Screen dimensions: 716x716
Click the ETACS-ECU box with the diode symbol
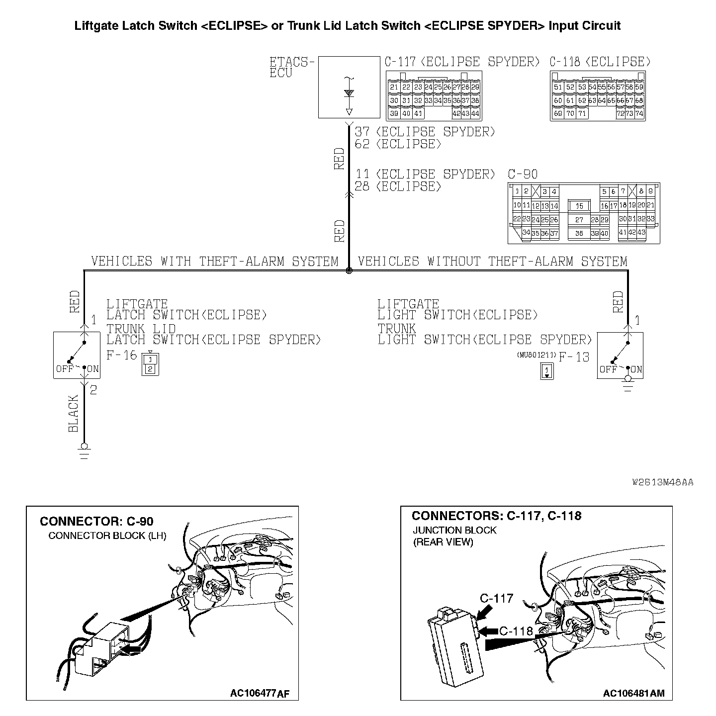coord(349,87)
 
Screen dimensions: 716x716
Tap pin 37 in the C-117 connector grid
coord(465,100)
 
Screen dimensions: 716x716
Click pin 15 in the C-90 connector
coord(579,206)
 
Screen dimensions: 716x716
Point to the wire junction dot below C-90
coord(349,271)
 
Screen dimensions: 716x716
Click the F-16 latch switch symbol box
coord(77,356)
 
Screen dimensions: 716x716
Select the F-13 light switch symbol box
coord(620,356)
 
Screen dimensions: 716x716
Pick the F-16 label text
coord(121,356)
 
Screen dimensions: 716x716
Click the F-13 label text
coord(574,357)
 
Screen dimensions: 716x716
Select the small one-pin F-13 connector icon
coord(547,371)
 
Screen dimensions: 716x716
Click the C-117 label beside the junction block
coord(496,598)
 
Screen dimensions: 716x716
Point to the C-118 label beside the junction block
coord(516,631)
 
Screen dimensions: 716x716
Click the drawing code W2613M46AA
coord(663,482)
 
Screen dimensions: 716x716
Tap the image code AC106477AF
coord(259,693)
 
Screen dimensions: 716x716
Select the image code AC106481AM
coord(633,693)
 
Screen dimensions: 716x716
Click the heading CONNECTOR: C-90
coord(96,521)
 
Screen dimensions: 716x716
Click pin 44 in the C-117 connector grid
coord(475,114)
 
